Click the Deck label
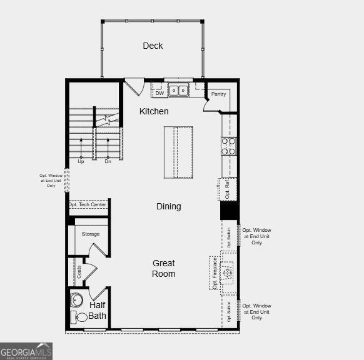(153, 46)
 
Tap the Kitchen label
(154, 111)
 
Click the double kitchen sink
(178, 91)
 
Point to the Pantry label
(218, 94)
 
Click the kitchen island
(178, 152)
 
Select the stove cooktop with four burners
(228, 146)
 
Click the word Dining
(169, 206)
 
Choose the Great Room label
(163, 269)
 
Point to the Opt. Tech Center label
(88, 205)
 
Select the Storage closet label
(91, 234)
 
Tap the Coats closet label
(79, 271)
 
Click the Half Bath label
(97, 310)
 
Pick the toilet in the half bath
(79, 317)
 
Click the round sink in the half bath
(76, 299)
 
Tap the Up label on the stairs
(81, 161)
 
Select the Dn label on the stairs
(108, 161)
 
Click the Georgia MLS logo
(26, 352)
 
